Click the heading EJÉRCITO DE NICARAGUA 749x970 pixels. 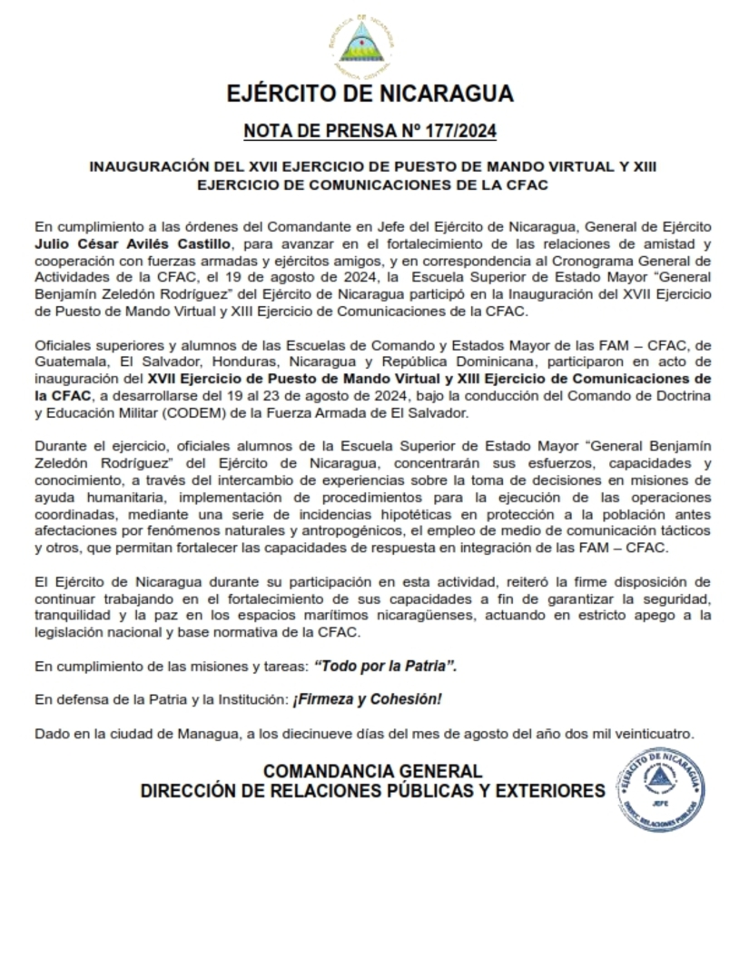pyautogui.click(x=370, y=94)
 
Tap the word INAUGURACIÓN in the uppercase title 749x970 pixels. pyautogui.click(x=148, y=167)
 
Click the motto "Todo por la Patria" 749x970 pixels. pyautogui.click(x=385, y=667)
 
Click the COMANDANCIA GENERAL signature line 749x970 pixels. pyautogui.click(x=373, y=772)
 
